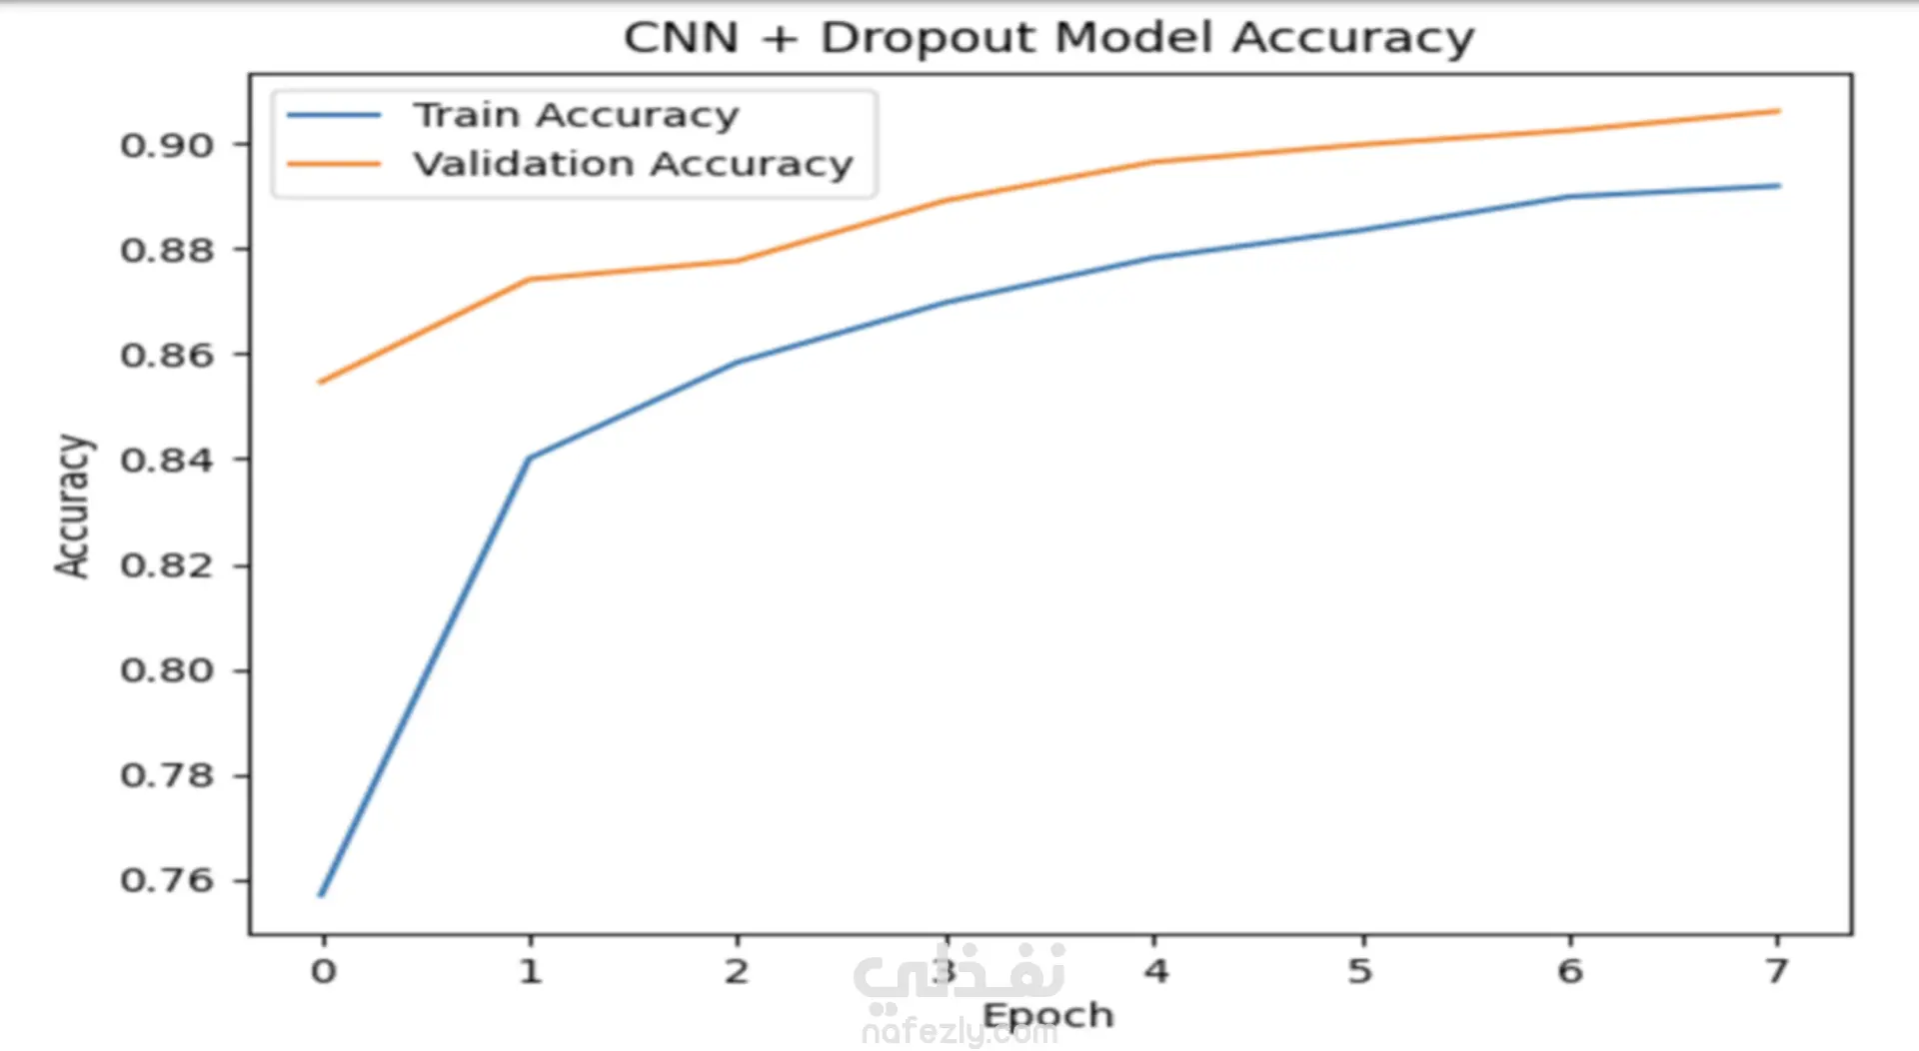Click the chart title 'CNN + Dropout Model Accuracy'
[1048, 38]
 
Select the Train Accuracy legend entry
[576, 116]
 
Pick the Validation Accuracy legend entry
[633, 164]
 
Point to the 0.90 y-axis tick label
[167, 146]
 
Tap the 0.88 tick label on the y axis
[167, 250]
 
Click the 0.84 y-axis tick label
[167, 461]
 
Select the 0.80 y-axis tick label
[167, 670]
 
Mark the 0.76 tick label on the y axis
[167, 880]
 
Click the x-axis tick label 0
[323, 971]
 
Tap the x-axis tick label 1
[531, 971]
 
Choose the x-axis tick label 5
[1360, 971]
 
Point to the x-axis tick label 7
[1776, 971]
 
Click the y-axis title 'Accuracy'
[73, 506]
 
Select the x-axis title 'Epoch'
[1047, 1015]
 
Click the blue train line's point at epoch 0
[321, 895]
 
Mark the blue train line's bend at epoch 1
[530, 458]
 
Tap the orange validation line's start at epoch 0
[320, 382]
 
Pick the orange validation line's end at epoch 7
[1779, 111]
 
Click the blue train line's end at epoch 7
[1779, 186]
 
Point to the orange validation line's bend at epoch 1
[530, 279]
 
